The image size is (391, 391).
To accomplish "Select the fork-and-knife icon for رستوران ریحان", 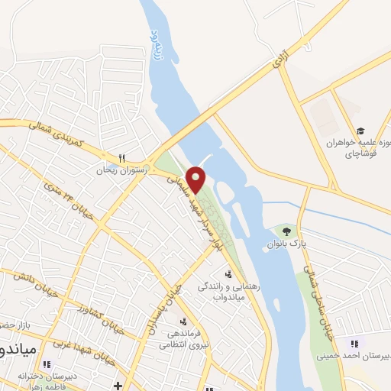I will pyautogui.click(x=121, y=158).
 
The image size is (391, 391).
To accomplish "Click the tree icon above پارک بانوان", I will pyautogui.click(x=286, y=231).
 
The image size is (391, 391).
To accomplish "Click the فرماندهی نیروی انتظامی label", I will pyautogui.click(x=182, y=338).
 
